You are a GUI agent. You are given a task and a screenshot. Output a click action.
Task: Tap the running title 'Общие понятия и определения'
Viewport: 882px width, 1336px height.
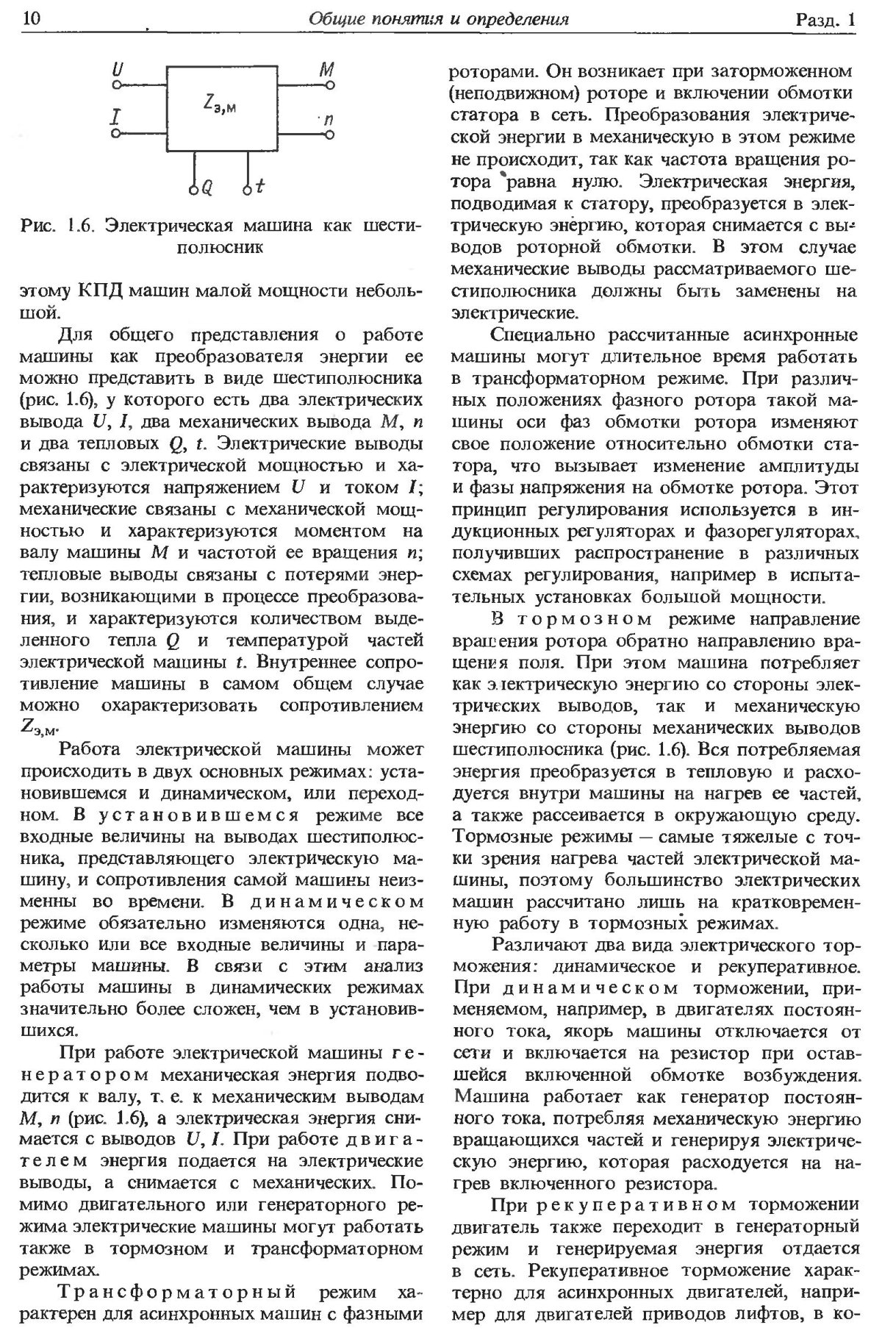coord(440,18)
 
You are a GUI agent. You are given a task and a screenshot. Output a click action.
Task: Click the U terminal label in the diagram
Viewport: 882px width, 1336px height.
coord(117,70)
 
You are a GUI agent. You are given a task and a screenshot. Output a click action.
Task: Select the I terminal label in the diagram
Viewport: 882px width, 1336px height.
coord(116,116)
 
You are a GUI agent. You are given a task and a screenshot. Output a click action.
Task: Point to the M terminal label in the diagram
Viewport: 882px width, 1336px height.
coord(327,70)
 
